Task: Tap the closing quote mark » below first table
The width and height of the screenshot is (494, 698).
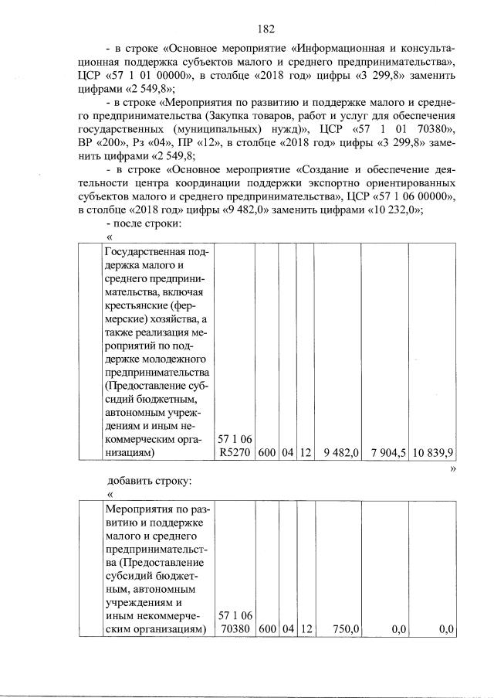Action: coord(453,467)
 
